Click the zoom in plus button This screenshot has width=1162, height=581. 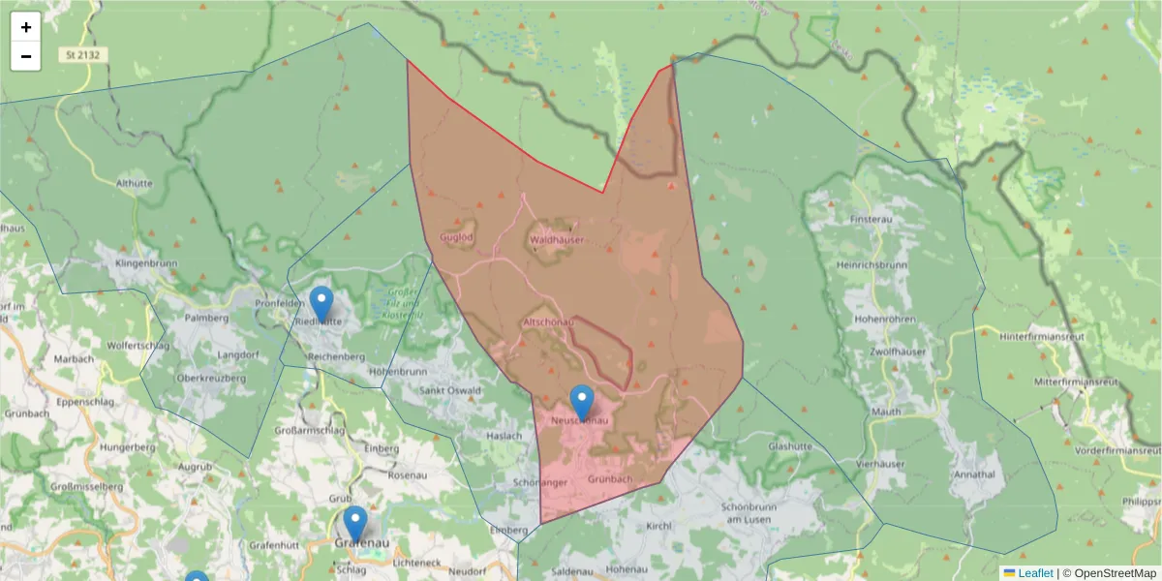click(x=26, y=27)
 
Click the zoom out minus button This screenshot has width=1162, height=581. click(x=26, y=56)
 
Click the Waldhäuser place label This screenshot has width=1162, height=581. click(x=555, y=238)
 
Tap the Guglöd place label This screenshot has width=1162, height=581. click(x=456, y=237)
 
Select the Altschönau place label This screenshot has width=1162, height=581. click(x=549, y=321)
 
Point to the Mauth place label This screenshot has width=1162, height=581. click(x=887, y=412)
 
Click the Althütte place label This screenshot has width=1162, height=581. click(x=134, y=182)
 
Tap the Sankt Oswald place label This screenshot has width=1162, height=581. click(x=449, y=391)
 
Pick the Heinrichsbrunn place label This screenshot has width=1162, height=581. click(x=872, y=264)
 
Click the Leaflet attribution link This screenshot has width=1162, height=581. click(x=1035, y=573)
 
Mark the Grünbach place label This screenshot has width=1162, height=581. click(x=609, y=479)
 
